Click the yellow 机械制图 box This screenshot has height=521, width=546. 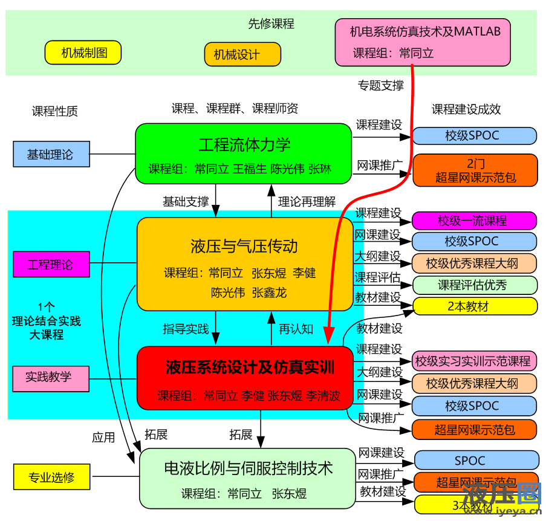[x=83, y=53]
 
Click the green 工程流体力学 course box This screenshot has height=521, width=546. [x=244, y=154]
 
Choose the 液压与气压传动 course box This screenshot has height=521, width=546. [x=245, y=264]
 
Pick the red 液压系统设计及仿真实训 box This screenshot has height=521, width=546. [x=245, y=377]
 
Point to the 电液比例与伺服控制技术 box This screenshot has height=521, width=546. [x=248, y=477]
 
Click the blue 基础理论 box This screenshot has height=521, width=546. [x=51, y=154]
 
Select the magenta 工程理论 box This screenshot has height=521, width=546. [x=51, y=264]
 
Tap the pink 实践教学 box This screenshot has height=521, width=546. [x=51, y=377]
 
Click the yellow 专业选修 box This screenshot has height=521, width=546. [x=51, y=477]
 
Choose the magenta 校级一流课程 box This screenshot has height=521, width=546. [x=474, y=221]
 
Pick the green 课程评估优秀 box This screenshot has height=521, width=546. [x=474, y=285]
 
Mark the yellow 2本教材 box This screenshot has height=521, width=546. [x=474, y=306]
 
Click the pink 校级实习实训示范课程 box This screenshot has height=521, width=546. [x=474, y=361]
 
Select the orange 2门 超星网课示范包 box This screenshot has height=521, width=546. [x=474, y=170]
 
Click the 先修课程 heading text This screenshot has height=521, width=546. [x=271, y=24]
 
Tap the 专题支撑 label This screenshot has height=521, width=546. [x=380, y=85]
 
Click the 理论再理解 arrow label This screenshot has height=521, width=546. [x=307, y=201]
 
